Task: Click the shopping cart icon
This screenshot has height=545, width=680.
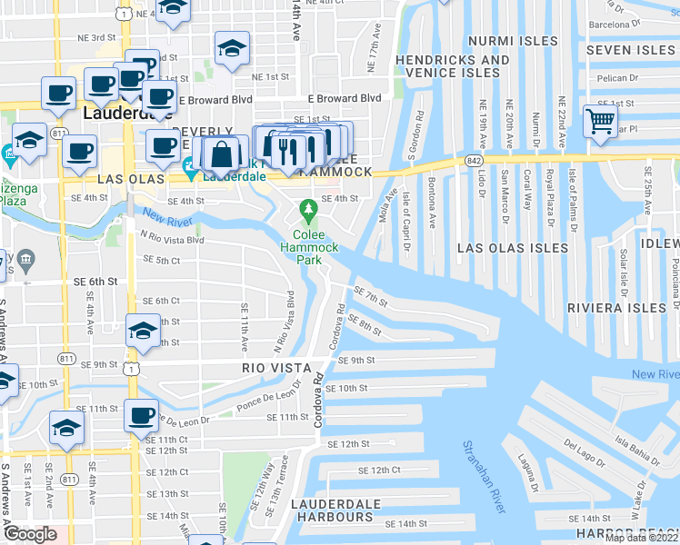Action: tap(600, 121)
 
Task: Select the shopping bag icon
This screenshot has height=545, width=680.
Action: tap(222, 154)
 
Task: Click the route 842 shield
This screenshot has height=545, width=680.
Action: tap(477, 159)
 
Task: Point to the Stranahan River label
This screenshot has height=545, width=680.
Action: tap(484, 476)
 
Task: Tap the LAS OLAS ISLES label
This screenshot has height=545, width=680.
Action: tap(513, 248)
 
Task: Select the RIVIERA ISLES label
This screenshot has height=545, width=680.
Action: tap(616, 309)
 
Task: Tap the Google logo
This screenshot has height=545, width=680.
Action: tap(29, 534)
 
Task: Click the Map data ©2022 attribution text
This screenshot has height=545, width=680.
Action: tap(642, 538)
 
